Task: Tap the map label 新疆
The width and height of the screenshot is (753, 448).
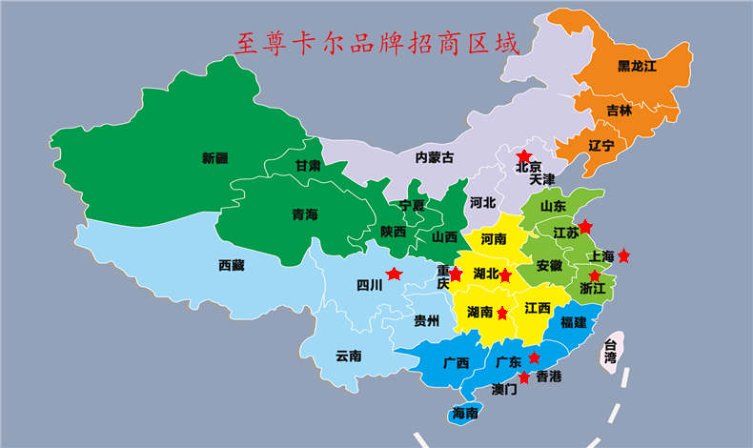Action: click(x=215, y=158)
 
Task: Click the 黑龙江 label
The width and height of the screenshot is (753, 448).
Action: click(x=637, y=66)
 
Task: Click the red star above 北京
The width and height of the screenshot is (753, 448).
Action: click(x=523, y=155)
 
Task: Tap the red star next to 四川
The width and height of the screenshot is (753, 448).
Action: click(x=394, y=275)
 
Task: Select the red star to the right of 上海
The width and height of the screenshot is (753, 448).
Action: click(x=623, y=255)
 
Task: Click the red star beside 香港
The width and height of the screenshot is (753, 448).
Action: click(x=522, y=377)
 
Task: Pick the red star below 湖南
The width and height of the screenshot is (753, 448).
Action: click(x=502, y=313)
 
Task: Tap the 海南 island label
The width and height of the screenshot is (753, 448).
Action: click(x=465, y=413)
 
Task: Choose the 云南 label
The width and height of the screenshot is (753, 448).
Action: click(x=349, y=356)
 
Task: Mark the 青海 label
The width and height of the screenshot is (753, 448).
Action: click(x=305, y=215)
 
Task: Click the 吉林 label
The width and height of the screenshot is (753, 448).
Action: click(x=620, y=111)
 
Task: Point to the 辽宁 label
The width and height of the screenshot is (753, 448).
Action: click(x=600, y=145)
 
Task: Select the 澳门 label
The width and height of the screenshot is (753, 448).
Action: click(x=504, y=389)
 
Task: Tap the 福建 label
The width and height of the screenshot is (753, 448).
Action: click(x=574, y=322)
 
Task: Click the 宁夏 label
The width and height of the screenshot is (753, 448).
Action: click(x=412, y=205)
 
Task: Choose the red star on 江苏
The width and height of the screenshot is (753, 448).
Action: click(x=585, y=226)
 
